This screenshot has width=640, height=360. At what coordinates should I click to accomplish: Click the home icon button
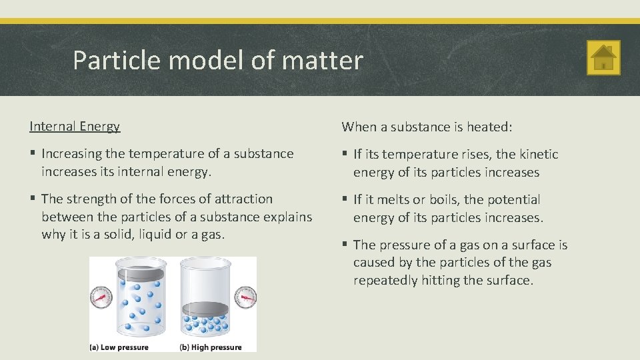603,57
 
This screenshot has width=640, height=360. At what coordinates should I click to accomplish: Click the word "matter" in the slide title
323,61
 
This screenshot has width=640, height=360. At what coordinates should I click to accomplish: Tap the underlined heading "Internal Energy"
75,126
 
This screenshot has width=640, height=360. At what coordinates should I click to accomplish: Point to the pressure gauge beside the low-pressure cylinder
101,297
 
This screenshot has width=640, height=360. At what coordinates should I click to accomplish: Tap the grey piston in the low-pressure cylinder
141,273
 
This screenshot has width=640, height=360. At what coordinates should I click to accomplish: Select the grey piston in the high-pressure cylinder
205,309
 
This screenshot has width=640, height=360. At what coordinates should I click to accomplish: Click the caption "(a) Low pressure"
119,347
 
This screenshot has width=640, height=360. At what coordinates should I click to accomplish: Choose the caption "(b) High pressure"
210,347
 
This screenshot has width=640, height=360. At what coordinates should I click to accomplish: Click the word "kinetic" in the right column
537,154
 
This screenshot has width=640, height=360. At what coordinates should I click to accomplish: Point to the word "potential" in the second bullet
513,199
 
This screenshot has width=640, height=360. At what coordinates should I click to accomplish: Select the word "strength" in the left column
89,199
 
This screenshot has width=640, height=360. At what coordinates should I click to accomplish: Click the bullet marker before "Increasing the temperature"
33,153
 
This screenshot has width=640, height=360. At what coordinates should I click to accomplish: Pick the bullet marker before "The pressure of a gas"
345,245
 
